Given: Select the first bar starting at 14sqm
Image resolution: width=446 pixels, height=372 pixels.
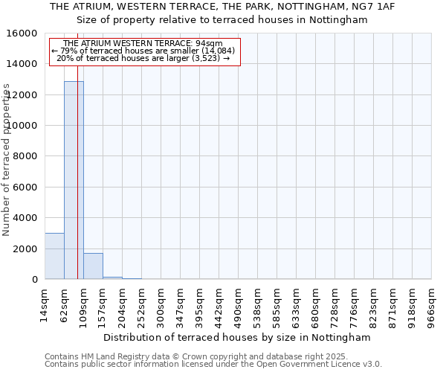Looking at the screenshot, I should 54,256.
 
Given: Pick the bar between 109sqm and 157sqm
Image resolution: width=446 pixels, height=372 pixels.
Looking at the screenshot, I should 93,266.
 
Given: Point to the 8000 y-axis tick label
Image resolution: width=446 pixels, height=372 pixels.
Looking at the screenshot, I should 26,156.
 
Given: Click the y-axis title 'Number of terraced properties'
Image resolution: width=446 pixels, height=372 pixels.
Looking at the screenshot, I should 7,159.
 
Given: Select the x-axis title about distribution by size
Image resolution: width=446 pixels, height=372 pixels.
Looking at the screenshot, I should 236,337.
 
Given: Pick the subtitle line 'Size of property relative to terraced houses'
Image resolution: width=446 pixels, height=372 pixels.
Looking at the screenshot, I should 222,20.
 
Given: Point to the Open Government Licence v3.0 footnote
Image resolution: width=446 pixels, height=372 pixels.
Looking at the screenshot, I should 297,365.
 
